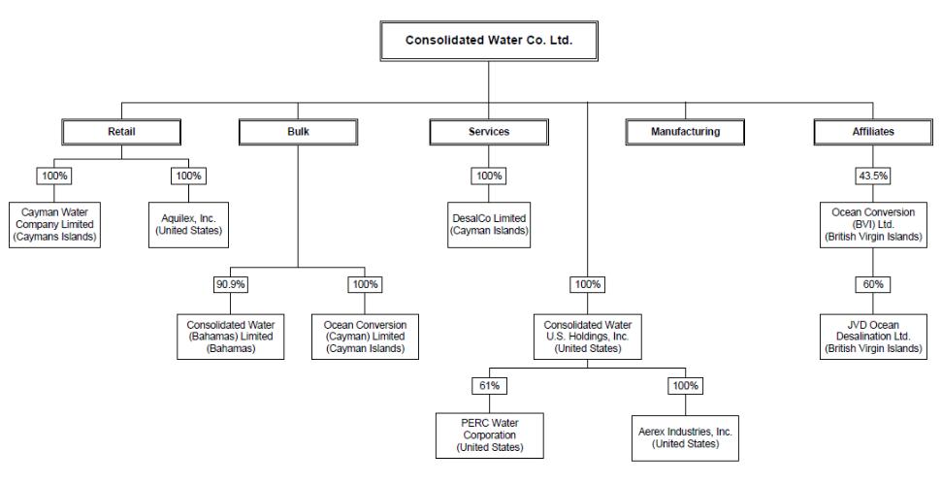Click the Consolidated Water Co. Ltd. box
tap(489, 41)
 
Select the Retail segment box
tap(121, 132)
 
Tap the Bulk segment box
tap(298, 132)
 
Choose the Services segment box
tap(489, 132)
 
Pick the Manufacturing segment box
tap(685, 132)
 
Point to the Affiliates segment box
tap(873, 132)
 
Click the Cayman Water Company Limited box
tap(54, 225)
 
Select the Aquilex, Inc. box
tap(188, 225)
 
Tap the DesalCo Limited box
tap(489, 225)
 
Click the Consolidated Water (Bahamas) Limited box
tap(231, 337)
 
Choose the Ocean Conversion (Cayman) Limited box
tap(366, 337)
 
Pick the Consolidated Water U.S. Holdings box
tap(588, 337)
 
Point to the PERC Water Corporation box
tap(490, 435)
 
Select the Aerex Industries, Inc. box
tap(686, 438)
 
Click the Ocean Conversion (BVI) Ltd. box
tap(873, 225)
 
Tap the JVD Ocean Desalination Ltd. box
tap(873, 337)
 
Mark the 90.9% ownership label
tap(231, 284)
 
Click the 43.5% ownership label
tap(873, 176)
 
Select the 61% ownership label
tap(489, 386)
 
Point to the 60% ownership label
tap(873, 284)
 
